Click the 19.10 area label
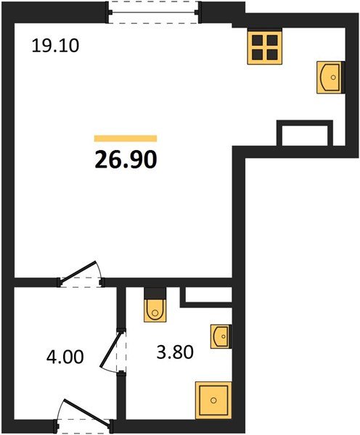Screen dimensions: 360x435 click(56, 46)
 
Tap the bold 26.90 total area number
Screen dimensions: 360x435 click(126, 160)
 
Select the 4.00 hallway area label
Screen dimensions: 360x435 click(65, 357)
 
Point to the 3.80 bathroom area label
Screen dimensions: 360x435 click(175, 352)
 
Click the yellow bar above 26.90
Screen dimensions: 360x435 click(126, 138)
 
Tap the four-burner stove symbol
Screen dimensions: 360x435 click(265, 47)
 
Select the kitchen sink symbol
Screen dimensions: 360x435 click(330, 77)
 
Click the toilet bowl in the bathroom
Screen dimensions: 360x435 click(155, 310)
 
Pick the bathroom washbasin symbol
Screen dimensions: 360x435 click(221, 336)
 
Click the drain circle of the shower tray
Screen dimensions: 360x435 click(213, 400)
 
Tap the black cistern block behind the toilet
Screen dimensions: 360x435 click(155, 293)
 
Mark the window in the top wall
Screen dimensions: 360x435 click(154, 12)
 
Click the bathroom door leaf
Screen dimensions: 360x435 click(111, 350)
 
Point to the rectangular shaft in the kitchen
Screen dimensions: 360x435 click(305, 133)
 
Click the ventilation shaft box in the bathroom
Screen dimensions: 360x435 click(206, 297)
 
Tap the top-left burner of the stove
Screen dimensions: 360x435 click(257, 40)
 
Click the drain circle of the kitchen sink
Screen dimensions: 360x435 click(333, 77)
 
